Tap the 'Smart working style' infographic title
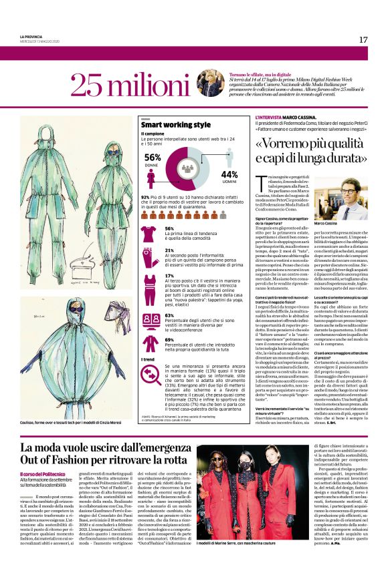(x=175, y=125)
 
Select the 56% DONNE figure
(x=152, y=158)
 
